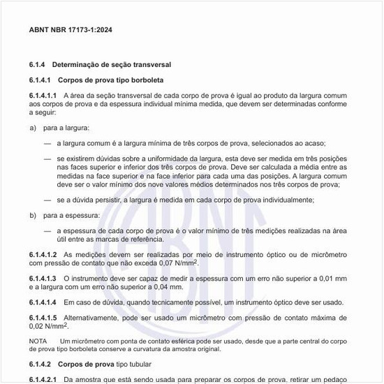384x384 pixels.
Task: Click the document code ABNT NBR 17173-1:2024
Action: (71, 31)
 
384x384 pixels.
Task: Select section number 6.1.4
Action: (38, 65)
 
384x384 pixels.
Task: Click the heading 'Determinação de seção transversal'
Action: (112, 65)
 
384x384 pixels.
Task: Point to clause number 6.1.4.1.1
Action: (43, 94)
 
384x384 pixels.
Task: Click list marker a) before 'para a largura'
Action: (33, 128)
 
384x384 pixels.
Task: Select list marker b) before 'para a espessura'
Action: (33, 215)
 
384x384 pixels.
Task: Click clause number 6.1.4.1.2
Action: (43, 256)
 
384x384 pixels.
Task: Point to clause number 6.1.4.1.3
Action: (43, 279)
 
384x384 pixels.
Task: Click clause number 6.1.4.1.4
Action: (43, 302)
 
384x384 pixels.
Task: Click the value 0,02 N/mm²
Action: (48, 325)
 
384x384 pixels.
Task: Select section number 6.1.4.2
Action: (40, 364)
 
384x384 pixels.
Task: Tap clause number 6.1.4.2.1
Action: (43, 379)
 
